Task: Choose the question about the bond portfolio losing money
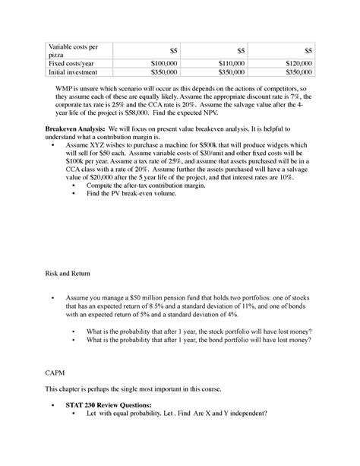(199, 342)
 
